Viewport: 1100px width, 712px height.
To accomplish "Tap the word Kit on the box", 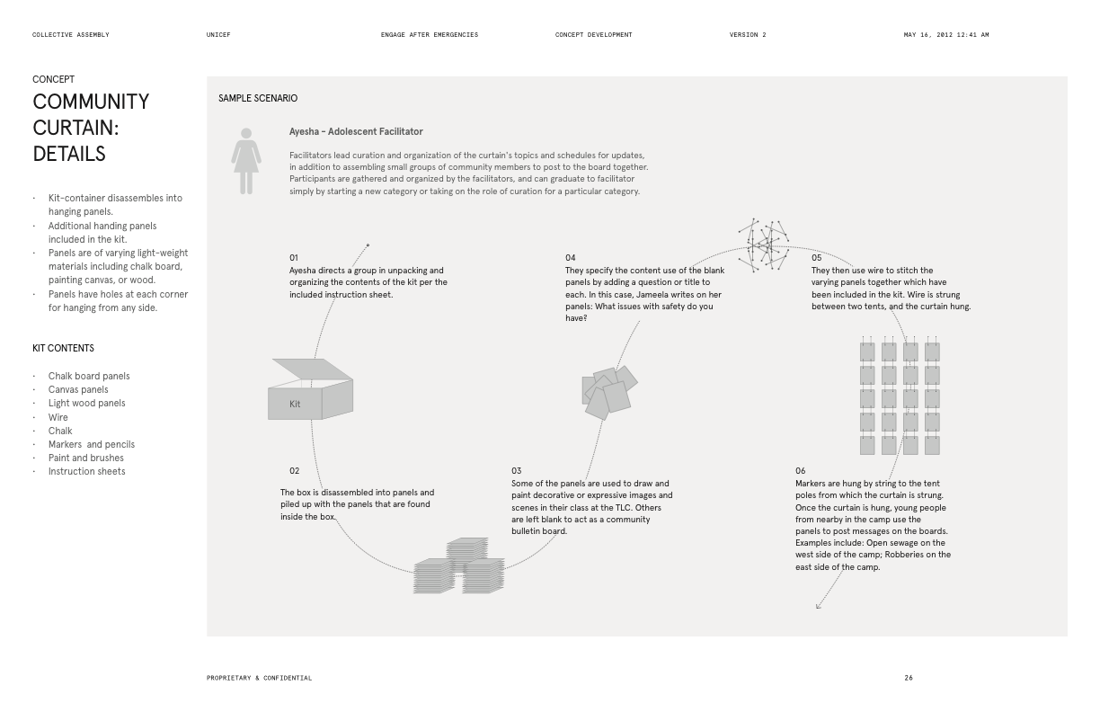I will click(295, 405).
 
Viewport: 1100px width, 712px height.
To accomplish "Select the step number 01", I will click(294, 258).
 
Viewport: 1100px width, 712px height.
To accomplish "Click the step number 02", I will click(295, 471).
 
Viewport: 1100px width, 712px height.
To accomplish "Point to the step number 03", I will click(517, 471).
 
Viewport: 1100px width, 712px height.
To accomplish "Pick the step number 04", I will click(571, 258).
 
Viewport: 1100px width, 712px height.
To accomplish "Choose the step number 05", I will click(817, 258).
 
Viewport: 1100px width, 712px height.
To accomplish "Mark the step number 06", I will click(801, 471).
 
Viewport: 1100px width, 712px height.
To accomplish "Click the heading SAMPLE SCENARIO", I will click(258, 98).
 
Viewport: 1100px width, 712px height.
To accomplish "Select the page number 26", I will click(909, 678).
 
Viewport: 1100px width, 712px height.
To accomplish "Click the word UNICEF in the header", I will click(218, 35).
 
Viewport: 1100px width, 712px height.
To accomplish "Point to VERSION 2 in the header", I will click(748, 35).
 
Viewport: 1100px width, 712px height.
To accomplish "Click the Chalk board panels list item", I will click(89, 376).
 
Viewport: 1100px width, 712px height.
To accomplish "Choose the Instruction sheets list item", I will click(87, 471).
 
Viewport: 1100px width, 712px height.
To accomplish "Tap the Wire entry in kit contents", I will click(58, 417).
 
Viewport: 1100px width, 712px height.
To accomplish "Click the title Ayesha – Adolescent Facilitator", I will click(356, 131).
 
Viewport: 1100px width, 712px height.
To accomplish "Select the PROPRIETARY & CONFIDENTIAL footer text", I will click(260, 678).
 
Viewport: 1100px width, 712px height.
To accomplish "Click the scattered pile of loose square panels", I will click(609, 392).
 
